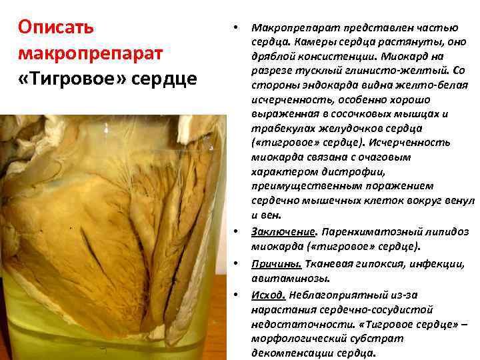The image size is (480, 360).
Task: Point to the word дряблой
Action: (272, 57)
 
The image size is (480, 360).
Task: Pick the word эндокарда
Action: (318, 86)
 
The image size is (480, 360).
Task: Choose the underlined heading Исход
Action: (269, 295)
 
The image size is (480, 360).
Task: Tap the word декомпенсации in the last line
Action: (291, 353)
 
